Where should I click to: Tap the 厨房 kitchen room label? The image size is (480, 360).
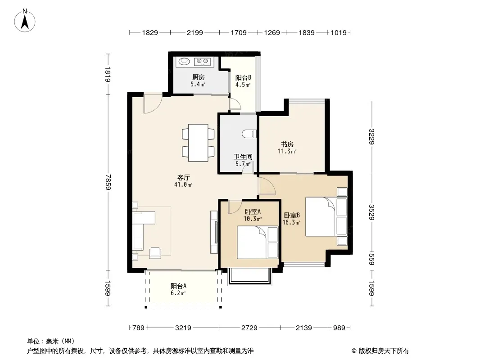point(199,77)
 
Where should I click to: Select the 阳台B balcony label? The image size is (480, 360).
point(243,78)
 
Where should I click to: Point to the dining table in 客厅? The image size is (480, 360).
point(198,143)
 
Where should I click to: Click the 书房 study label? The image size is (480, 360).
point(287,144)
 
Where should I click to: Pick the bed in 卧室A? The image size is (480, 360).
point(258,242)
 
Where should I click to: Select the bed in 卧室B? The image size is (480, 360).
point(326,216)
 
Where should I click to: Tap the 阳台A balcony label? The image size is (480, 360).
point(178,286)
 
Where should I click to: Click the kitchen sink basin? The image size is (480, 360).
point(184,61)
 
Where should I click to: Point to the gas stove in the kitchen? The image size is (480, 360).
point(202,62)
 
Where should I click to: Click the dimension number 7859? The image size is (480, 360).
point(108,182)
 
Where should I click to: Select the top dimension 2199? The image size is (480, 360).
point(195,32)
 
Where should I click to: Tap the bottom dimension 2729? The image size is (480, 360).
point(249,328)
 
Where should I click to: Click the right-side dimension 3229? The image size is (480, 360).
point(371,136)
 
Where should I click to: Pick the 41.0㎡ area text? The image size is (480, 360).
point(183,184)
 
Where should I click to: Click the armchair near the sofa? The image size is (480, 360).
point(155,253)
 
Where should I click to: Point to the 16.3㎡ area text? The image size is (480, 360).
point(291,222)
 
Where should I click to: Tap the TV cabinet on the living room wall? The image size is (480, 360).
point(214,232)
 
